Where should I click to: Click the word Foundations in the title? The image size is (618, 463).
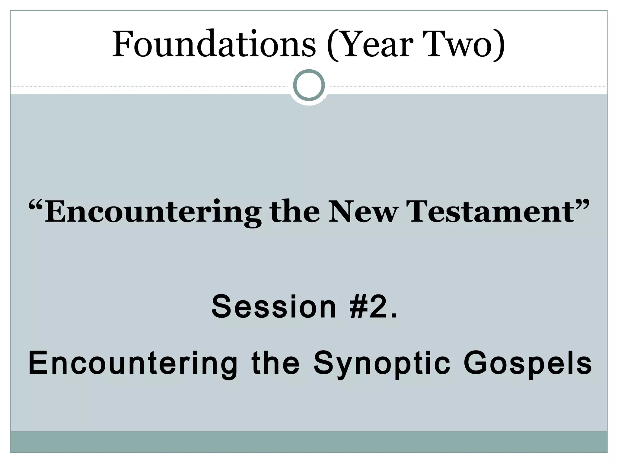pyautogui.click(x=214, y=44)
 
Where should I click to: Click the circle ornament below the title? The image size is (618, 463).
pyautogui.click(x=309, y=85)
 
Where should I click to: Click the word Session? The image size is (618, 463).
pyautogui.click(x=274, y=307)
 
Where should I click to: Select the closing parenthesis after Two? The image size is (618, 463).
pyautogui.click(x=500, y=45)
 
